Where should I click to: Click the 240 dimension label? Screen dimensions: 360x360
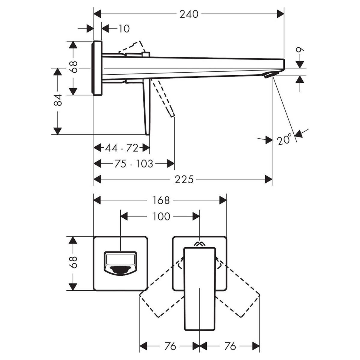(x=189, y=14)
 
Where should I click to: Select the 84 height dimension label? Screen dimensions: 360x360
(x=58, y=100)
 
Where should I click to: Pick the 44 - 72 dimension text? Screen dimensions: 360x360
(x=121, y=148)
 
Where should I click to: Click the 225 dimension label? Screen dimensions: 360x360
(x=184, y=179)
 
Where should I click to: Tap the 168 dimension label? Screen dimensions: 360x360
(x=161, y=200)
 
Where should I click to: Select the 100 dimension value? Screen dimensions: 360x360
(x=161, y=216)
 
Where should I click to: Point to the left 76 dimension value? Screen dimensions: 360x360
(x=170, y=346)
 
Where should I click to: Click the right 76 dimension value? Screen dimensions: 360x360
(x=230, y=346)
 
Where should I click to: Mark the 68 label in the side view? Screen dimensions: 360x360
(x=74, y=67)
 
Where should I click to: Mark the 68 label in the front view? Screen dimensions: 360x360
(x=74, y=262)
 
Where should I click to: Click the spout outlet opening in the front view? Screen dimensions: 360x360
(x=120, y=270)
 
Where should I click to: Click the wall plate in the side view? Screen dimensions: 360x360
(x=97, y=68)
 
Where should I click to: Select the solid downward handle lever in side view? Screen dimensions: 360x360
(x=147, y=106)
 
